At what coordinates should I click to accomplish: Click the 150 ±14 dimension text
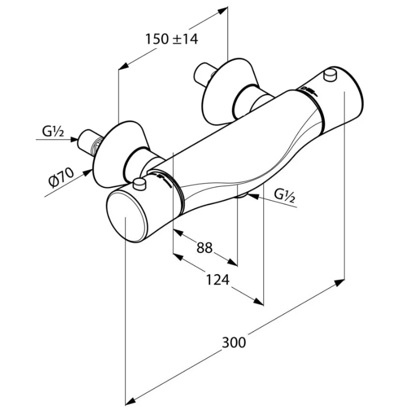[171, 38]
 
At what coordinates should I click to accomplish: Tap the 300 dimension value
[234, 342]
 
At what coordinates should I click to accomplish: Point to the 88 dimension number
[204, 248]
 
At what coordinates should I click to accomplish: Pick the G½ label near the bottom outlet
[284, 195]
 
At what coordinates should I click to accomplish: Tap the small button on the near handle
[139, 183]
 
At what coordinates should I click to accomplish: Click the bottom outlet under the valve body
[242, 195]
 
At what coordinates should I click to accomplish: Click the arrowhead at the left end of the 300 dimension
[131, 400]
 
